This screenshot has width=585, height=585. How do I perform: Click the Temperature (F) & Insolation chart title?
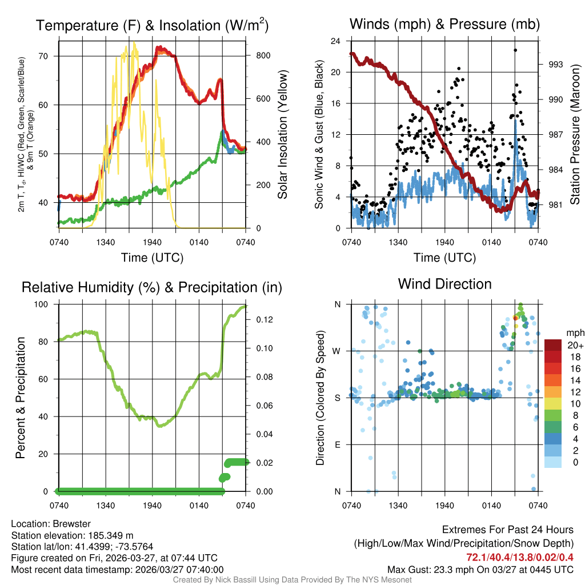click(x=152, y=26)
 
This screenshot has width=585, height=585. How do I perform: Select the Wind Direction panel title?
click(x=444, y=284)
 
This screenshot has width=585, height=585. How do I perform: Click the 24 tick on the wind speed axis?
click(x=336, y=41)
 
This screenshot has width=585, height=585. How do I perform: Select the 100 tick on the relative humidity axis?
click(x=45, y=304)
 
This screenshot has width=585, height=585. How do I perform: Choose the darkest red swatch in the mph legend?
click(x=553, y=345)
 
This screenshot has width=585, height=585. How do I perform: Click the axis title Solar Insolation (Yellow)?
click(x=283, y=135)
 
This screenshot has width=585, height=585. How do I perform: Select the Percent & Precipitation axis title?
click(x=21, y=398)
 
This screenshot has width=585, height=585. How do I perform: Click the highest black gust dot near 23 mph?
click(x=515, y=50)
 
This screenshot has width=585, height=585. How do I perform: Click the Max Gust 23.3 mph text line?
click(x=480, y=569)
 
